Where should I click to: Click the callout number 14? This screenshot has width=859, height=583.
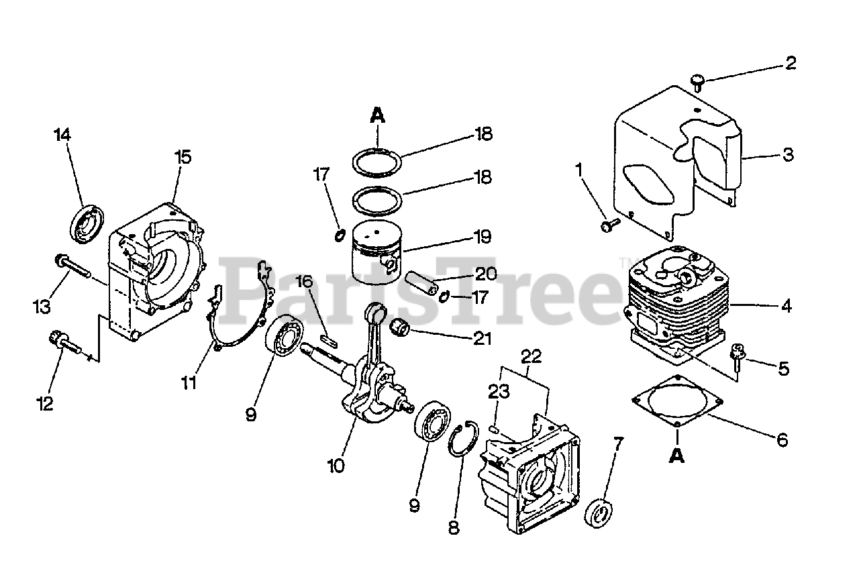coord(62,135)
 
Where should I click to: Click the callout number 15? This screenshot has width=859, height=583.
coord(183,157)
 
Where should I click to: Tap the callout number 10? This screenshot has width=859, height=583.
coord(336,464)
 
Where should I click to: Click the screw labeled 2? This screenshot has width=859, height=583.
coord(697,82)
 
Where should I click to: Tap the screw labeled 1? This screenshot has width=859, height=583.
coord(609,226)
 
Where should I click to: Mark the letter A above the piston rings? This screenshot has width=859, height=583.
coord(378,115)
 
